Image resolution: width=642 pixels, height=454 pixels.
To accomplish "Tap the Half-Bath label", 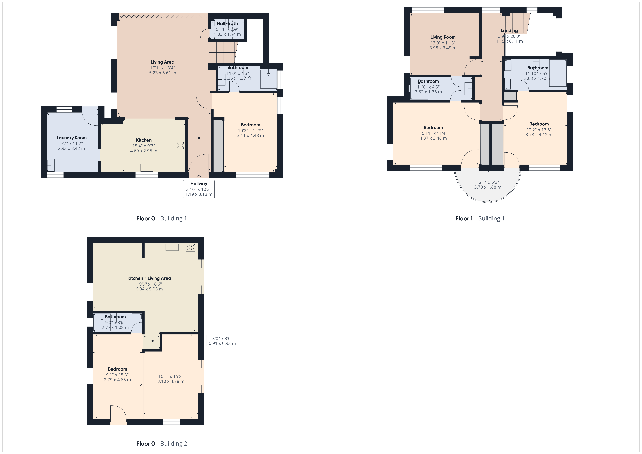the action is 227,24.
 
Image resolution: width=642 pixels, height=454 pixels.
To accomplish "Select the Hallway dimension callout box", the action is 199,189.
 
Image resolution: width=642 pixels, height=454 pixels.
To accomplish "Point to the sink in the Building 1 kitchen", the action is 147,168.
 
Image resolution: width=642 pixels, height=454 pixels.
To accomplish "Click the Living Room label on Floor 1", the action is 443,37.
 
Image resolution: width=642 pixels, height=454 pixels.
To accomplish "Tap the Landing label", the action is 509,30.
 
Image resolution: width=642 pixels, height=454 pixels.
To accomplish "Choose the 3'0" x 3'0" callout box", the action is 222,341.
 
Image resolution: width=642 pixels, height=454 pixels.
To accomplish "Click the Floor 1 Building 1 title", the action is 480,218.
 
